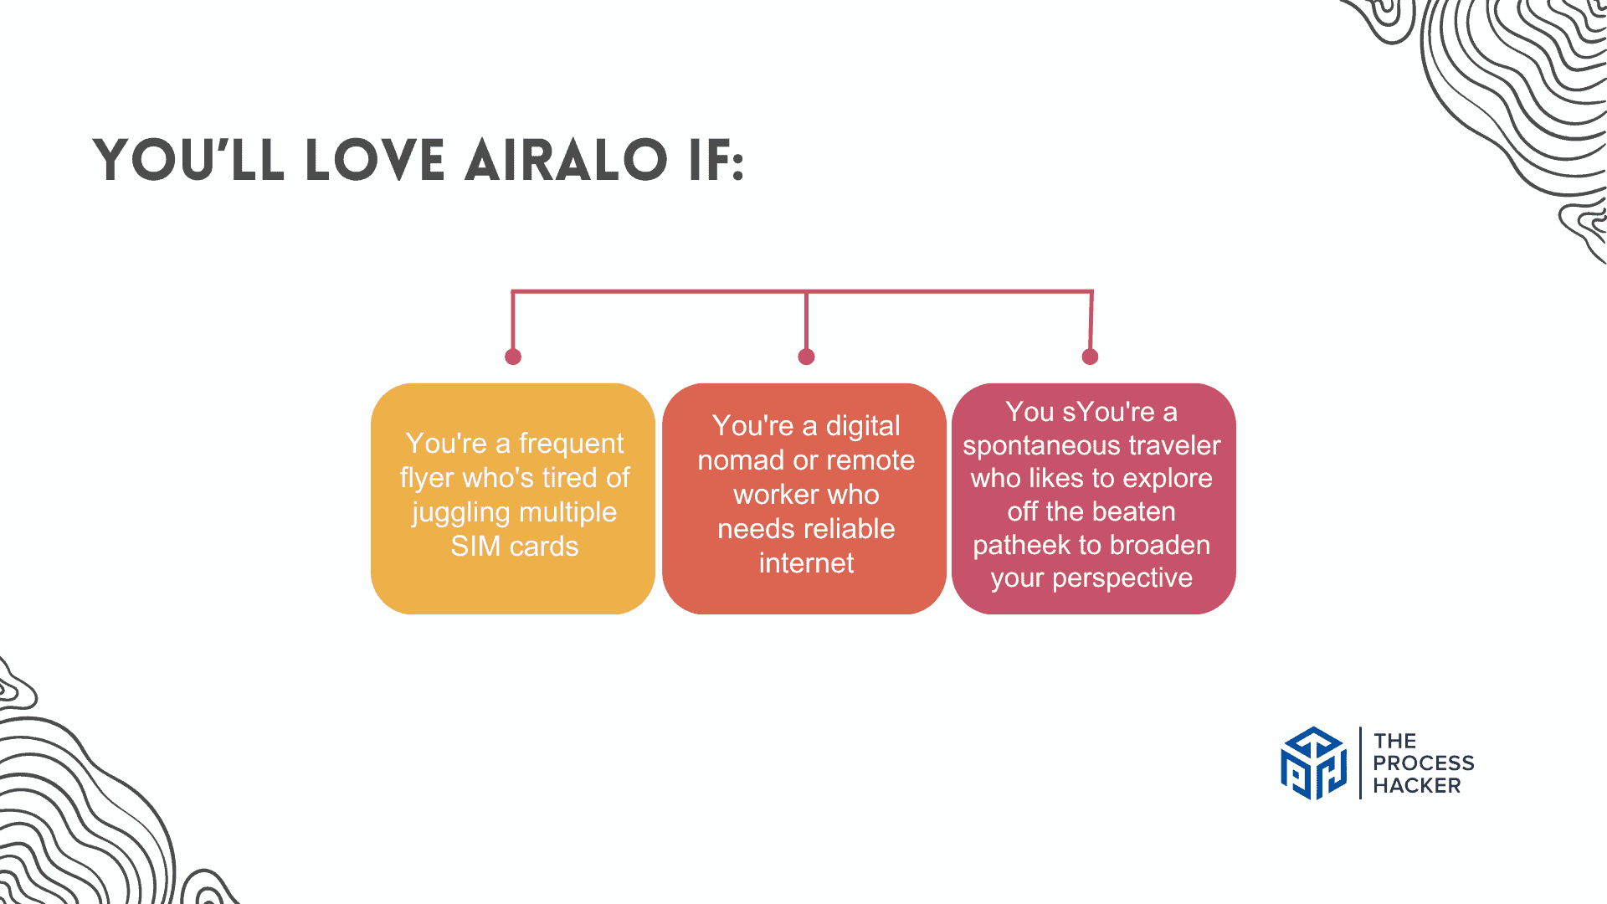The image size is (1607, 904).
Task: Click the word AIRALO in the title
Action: click(x=567, y=160)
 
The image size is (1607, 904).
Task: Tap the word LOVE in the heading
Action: click(x=376, y=160)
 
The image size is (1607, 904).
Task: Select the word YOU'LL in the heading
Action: click(x=189, y=160)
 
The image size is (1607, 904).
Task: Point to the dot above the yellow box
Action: click(x=513, y=357)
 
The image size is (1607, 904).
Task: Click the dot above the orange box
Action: click(x=806, y=357)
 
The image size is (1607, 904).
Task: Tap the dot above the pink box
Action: click(x=1090, y=357)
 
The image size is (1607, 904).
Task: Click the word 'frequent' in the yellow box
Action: click(x=571, y=444)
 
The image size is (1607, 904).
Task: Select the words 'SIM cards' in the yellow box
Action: click(x=514, y=547)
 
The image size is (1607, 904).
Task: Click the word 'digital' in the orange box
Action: click(x=863, y=426)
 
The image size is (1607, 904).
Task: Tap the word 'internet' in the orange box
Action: click(x=806, y=563)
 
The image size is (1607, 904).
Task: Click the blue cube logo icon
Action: click(x=1314, y=763)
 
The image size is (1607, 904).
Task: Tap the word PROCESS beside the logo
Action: click(x=1424, y=763)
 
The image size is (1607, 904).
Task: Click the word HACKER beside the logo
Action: click(x=1417, y=786)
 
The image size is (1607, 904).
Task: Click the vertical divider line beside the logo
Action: click(x=1360, y=763)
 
